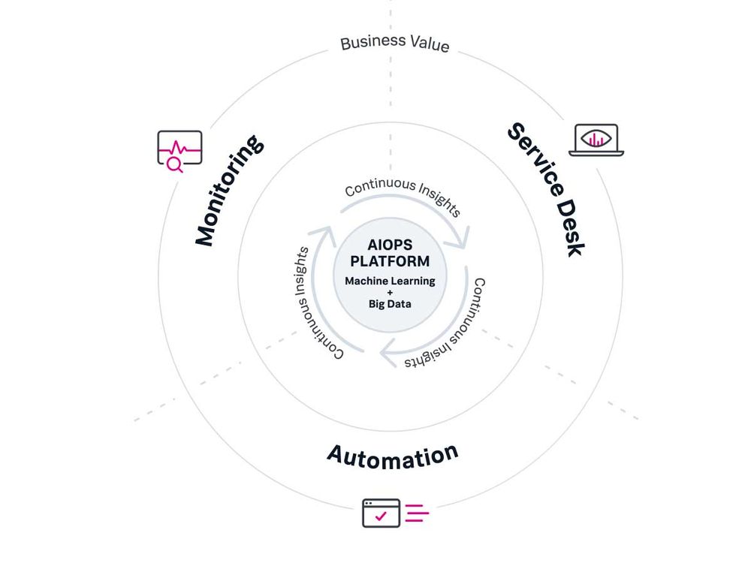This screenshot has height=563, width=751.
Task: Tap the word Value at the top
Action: tap(425, 44)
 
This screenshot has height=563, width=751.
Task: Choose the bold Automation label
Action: tap(392, 455)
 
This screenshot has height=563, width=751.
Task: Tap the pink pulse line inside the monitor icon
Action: tap(180, 147)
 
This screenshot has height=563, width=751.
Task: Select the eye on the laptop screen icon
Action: tap(596, 138)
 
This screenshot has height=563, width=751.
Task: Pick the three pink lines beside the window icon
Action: tap(417, 513)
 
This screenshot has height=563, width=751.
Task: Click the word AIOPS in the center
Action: tap(391, 245)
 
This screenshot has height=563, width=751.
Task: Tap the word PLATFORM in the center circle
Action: tap(391, 261)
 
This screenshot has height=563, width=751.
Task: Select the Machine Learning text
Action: tap(390, 281)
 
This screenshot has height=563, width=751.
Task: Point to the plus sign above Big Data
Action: tap(390, 293)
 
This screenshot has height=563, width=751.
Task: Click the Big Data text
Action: tap(390, 304)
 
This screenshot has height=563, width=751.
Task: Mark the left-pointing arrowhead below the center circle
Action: tap(390, 350)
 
